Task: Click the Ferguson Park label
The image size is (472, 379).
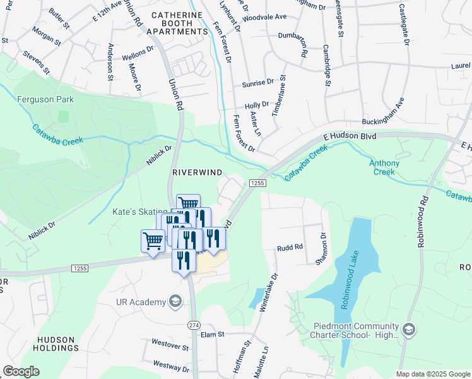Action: click(x=45, y=99)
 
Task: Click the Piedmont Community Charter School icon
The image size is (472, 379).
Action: click(x=408, y=330)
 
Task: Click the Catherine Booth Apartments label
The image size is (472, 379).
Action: click(x=177, y=26)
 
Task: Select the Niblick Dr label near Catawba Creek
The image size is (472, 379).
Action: click(x=159, y=155)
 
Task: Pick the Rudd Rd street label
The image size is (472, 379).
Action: click(x=290, y=248)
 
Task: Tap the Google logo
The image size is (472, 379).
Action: click(x=21, y=371)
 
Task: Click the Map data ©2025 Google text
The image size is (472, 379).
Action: click(x=433, y=374)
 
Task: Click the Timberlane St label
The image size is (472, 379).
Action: click(x=278, y=95)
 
